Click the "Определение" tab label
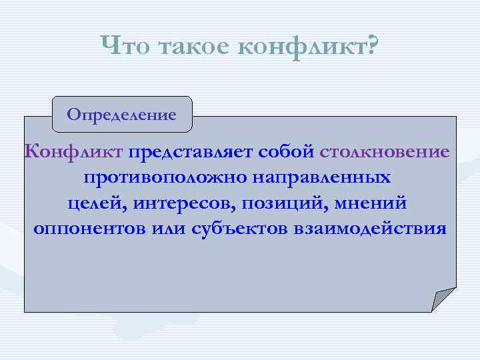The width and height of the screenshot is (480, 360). (x=121, y=114)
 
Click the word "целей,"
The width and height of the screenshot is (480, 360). (x=93, y=203)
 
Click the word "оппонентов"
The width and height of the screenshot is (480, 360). (x=95, y=229)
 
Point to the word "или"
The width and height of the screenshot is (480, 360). (x=175, y=229)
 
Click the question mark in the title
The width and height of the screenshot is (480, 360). (x=371, y=47)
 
